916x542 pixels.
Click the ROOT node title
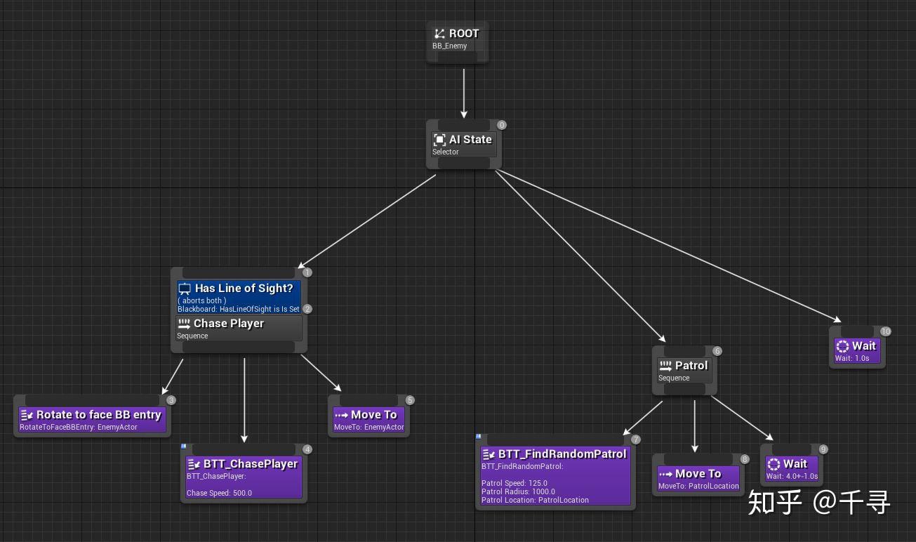tap(464, 33)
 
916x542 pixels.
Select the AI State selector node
tap(464, 145)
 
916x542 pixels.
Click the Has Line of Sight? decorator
tap(239, 297)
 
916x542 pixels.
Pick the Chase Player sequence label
tap(229, 324)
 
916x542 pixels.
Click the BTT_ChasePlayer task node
tap(244, 474)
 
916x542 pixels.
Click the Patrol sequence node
tap(684, 371)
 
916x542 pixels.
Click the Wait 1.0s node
tap(857, 348)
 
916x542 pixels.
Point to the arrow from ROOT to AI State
tap(464, 93)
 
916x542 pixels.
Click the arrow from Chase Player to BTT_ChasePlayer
tap(244, 400)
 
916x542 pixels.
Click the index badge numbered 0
tap(502, 125)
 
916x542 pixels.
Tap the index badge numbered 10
tap(886, 331)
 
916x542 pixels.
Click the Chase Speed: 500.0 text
tap(219, 493)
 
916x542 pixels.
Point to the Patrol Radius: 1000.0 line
tap(518, 491)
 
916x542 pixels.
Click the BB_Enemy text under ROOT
tap(449, 46)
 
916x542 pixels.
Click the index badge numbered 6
tap(717, 351)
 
